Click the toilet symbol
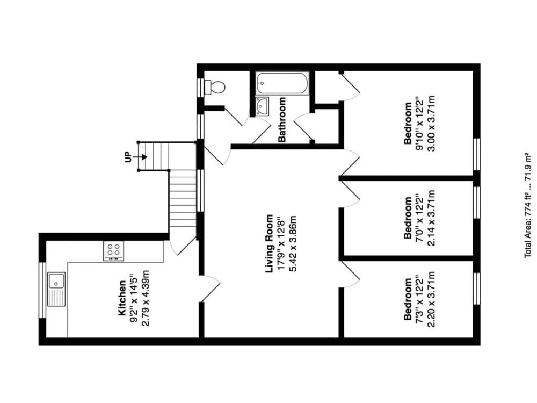[x=216, y=87]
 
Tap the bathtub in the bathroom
[x=282, y=83]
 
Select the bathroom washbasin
[x=263, y=106]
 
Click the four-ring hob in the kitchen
[x=113, y=250]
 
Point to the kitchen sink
[x=56, y=289]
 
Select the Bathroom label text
[x=282, y=120]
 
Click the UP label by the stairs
[x=128, y=157]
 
